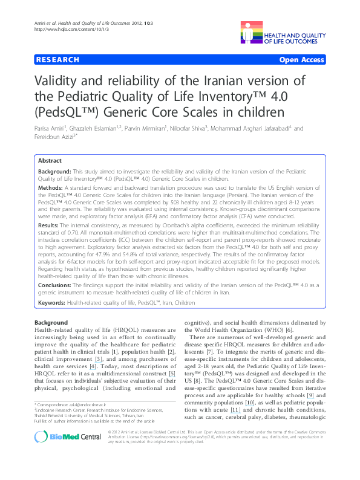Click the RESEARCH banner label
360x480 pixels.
click(58, 60)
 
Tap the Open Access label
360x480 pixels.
click(302, 60)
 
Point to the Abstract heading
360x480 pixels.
click(50, 161)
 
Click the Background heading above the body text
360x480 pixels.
click(51, 323)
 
